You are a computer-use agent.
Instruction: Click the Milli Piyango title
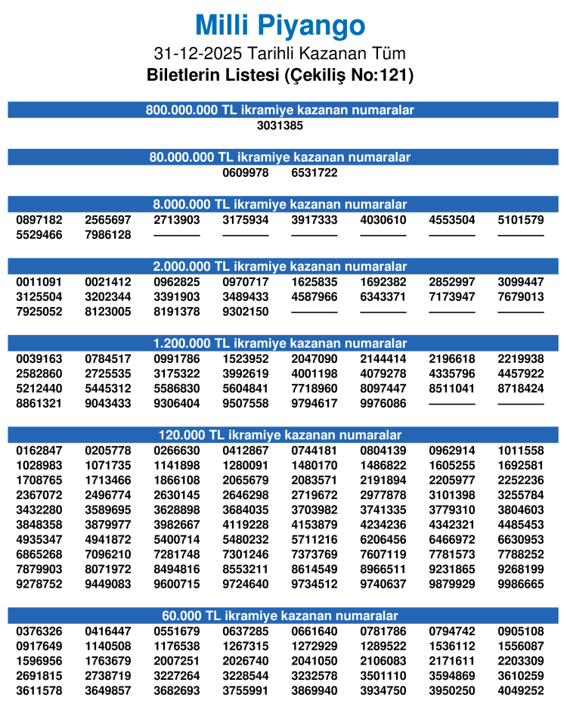point(280,26)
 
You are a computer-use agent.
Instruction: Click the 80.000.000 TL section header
point(280,157)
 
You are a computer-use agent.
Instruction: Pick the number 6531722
point(314,173)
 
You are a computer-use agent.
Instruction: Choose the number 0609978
point(246,173)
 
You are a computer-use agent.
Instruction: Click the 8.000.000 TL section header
point(280,204)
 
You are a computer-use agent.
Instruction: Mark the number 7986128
point(108,235)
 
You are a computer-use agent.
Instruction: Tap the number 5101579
point(521,220)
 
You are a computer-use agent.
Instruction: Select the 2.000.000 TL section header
point(280,266)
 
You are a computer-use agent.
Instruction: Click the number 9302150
point(246,312)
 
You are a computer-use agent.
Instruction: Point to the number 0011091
point(39,282)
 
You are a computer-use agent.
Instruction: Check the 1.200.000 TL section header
point(280,343)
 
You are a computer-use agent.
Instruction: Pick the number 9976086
point(383,404)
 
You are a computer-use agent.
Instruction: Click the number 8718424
point(521,389)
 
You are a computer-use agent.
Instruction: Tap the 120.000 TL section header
point(280,435)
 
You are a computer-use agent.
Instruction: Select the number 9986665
point(521,584)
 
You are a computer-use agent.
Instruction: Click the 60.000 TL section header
point(280,616)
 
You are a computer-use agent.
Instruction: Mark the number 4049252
point(521,691)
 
